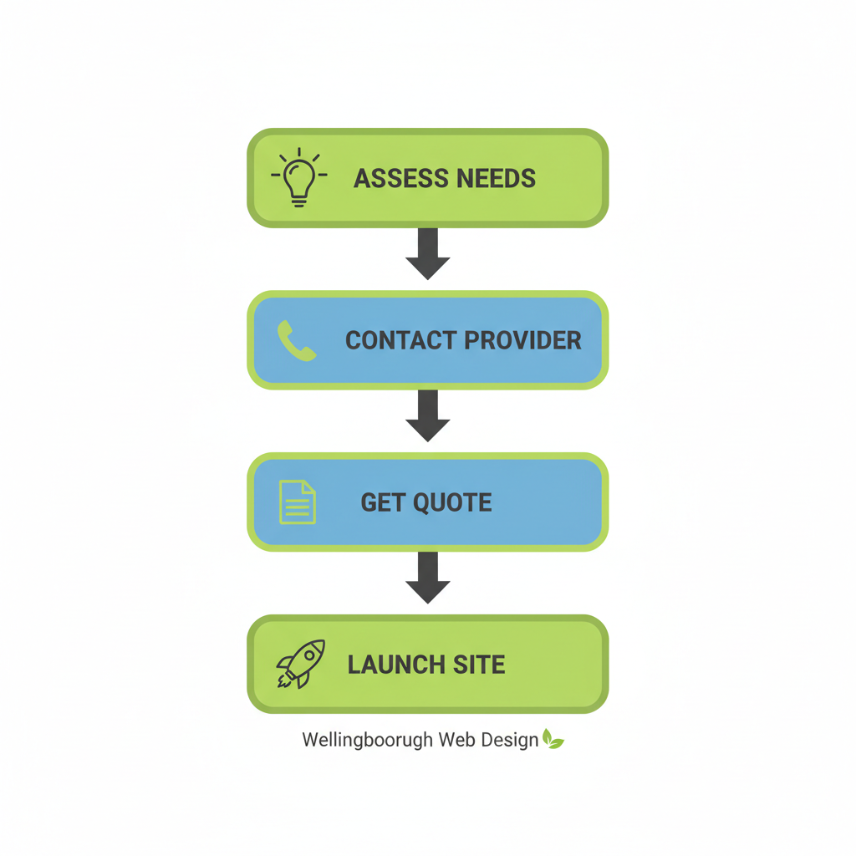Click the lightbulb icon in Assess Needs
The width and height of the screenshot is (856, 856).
[299, 177]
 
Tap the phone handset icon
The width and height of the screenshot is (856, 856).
[296, 341]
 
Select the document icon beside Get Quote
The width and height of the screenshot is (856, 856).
[297, 502]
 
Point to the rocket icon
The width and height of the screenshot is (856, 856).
[299, 665]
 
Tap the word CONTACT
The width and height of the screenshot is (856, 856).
[400, 340]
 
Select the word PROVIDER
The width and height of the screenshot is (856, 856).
[522, 340]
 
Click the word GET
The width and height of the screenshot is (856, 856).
[381, 502]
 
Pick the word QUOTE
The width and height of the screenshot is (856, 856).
[451, 502]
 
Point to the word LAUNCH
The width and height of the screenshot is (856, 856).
[397, 665]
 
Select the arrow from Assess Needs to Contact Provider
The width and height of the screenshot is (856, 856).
[428, 253]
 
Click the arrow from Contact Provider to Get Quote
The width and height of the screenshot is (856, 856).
[428, 415]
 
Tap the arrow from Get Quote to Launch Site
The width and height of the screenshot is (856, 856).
[428, 578]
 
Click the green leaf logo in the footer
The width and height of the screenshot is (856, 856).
[553, 739]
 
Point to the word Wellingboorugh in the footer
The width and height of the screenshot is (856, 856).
[367, 741]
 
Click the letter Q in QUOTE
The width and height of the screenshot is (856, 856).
[420, 502]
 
